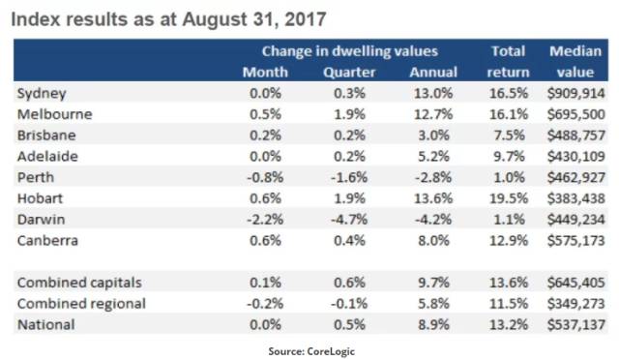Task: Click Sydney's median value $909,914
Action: (x=576, y=94)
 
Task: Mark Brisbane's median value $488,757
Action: (x=576, y=135)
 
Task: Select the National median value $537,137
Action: (x=576, y=322)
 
